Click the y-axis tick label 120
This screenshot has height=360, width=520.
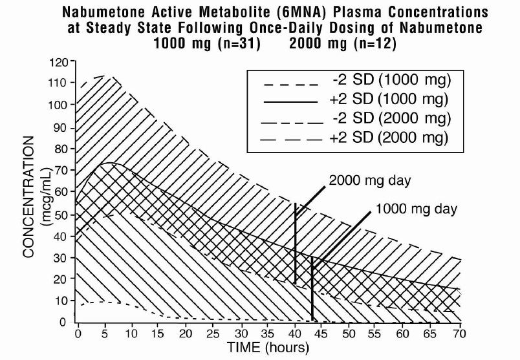(x=60, y=62)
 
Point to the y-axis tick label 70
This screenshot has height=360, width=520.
(x=62, y=171)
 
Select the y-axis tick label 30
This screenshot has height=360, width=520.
(x=62, y=258)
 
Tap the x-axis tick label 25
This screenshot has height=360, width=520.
(x=213, y=334)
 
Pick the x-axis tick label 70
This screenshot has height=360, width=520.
(x=459, y=334)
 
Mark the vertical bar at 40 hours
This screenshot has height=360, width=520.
(x=295, y=244)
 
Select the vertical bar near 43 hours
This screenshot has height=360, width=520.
(x=312, y=288)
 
